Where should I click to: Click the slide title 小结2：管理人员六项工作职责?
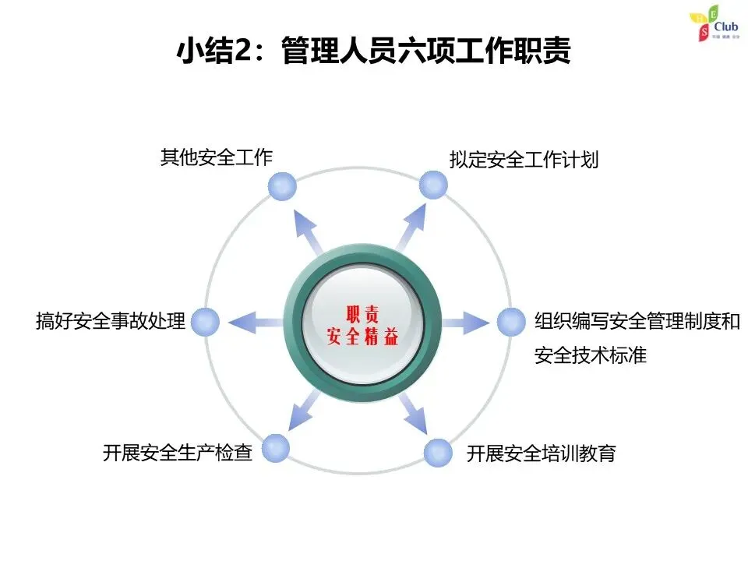(x=374, y=51)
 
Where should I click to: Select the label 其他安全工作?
(x=217, y=157)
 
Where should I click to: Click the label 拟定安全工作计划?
(x=524, y=160)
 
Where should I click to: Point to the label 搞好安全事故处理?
(x=111, y=321)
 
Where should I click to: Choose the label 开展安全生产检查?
(x=178, y=453)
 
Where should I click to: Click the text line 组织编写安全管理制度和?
(x=637, y=321)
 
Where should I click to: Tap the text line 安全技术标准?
(x=591, y=356)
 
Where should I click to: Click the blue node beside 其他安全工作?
(x=282, y=186)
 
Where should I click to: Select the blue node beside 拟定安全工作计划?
(x=433, y=185)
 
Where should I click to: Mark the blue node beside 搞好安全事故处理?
(x=206, y=321)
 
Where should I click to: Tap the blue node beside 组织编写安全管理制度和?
(x=511, y=321)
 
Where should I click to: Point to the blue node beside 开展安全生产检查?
(x=276, y=447)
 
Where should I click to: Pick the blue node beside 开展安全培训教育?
(x=438, y=453)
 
